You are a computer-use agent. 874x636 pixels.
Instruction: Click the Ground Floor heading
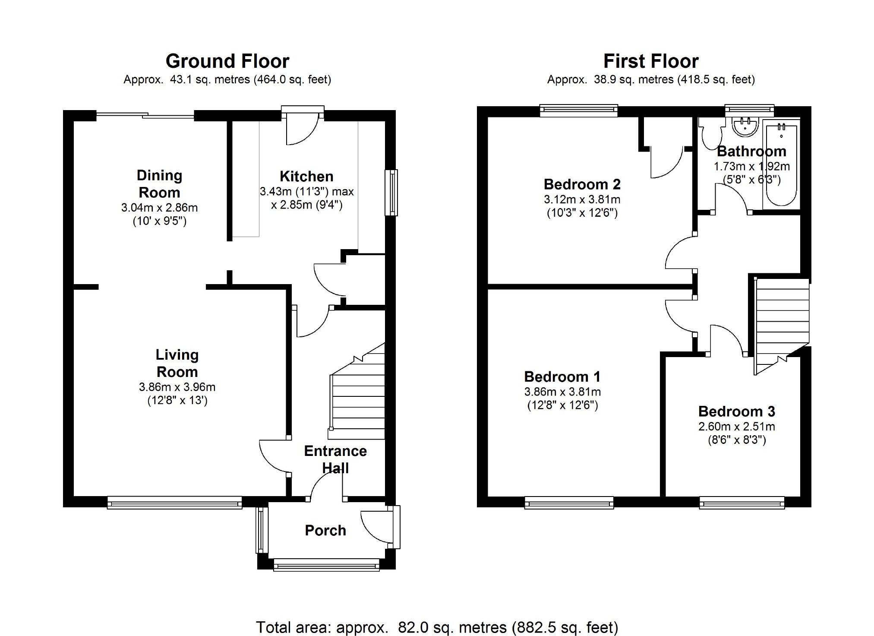point(227,61)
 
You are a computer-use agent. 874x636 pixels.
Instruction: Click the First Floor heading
point(651,61)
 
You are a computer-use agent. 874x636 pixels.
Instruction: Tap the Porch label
point(325,530)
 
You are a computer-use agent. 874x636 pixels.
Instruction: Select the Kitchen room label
point(306,176)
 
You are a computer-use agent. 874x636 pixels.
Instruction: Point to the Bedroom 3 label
point(736,411)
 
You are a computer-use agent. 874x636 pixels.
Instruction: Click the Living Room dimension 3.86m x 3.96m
point(177,387)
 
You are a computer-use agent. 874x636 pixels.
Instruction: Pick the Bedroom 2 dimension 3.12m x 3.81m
point(582,199)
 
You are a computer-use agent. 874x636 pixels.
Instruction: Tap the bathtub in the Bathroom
point(782,164)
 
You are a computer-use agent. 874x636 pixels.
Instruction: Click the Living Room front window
point(174,502)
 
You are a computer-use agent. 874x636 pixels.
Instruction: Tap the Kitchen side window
point(391,193)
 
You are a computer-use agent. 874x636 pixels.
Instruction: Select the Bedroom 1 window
point(569,502)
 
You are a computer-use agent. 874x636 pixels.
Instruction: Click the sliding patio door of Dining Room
point(145,115)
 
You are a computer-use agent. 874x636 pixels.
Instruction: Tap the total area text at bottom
point(437,627)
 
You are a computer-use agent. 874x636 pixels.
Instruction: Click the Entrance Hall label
point(335,459)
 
